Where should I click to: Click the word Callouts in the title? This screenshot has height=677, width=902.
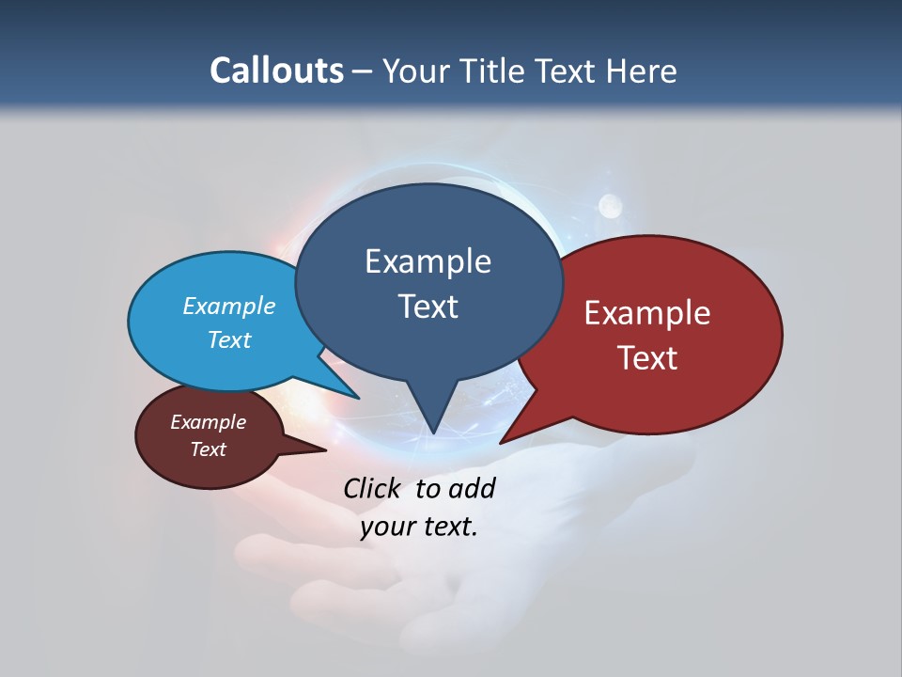pos(276,71)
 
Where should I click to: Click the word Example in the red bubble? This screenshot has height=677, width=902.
pos(647,313)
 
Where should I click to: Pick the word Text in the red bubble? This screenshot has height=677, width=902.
pos(647,358)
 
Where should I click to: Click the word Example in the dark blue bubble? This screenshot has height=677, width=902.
pos(428,261)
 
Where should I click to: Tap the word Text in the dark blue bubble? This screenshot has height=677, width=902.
pos(428,307)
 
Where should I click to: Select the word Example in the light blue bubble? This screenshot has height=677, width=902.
pos(228,307)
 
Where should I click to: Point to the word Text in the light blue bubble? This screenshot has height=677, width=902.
pos(228,339)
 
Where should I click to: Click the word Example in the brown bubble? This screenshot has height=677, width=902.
pos(208,422)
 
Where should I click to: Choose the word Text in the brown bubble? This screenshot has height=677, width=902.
pos(208,449)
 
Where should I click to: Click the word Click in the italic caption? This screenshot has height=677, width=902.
pos(372,488)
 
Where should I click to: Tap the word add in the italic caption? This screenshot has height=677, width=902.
pos(472,488)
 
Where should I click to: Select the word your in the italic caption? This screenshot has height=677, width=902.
pos(387,527)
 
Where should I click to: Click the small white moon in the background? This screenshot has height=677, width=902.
pos(611,203)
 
